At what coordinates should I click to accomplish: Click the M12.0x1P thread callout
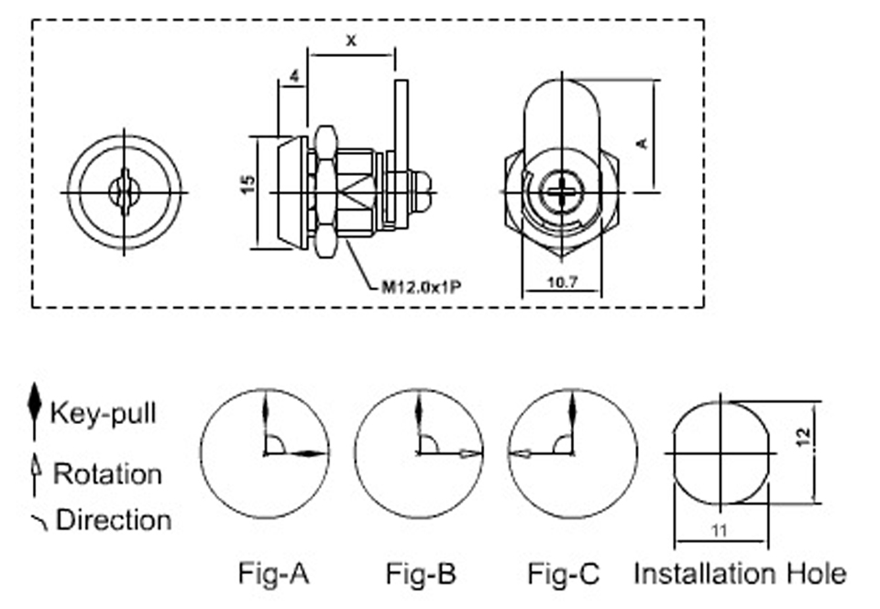click(x=421, y=288)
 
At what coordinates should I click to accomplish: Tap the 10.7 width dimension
click(x=562, y=282)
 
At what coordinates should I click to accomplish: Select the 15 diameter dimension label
click(x=247, y=184)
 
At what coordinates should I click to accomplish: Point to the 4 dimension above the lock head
click(x=295, y=76)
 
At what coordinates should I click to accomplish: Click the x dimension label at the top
click(x=351, y=40)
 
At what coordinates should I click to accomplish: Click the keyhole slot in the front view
click(x=124, y=192)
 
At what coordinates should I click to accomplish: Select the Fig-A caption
click(x=274, y=573)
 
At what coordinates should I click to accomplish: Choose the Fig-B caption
click(x=421, y=573)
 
